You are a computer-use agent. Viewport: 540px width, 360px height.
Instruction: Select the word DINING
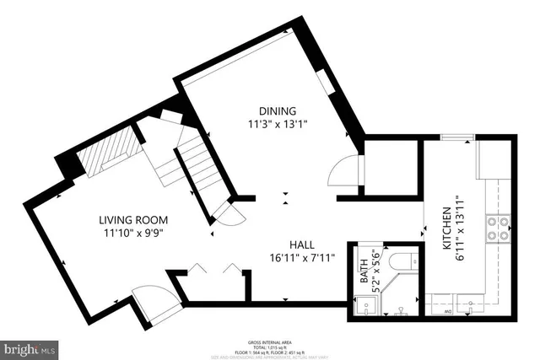[x=278, y=110]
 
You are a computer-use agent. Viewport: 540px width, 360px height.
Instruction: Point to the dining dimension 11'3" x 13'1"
[x=278, y=124]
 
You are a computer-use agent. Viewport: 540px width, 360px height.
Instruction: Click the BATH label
[x=364, y=271]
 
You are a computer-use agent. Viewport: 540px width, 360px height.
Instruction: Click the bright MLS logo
[x=30, y=347]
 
